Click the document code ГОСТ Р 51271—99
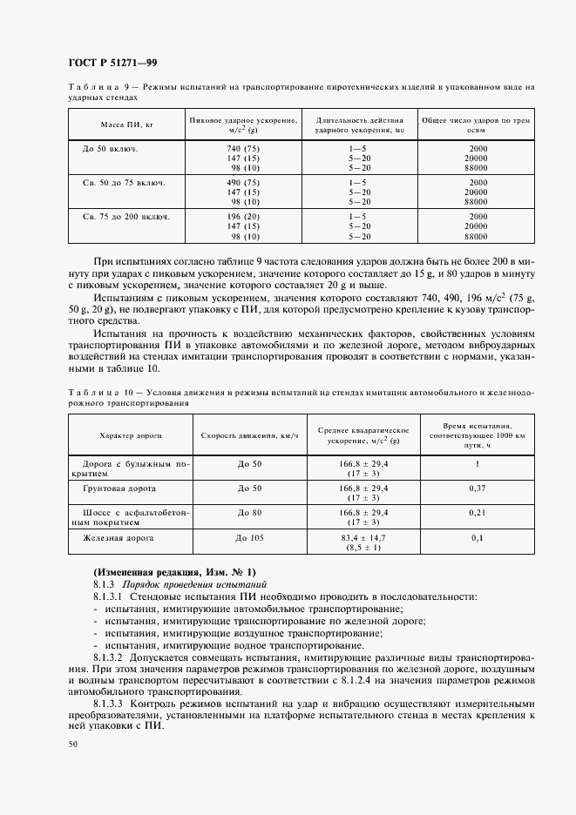(112, 62)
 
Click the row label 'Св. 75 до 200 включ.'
(125, 216)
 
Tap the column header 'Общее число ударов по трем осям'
(476, 125)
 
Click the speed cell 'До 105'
(248, 540)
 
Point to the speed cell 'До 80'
(248, 514)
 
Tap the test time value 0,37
(477, 489)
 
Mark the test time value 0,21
(477, 514)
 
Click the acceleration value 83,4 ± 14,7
(363, 540)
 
